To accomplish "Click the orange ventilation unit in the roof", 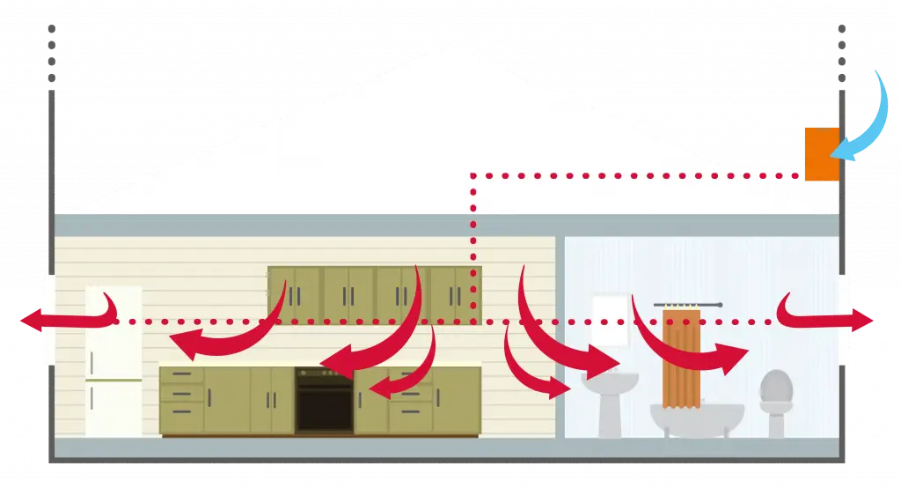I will coord(820,154).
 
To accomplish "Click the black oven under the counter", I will coord(324,400).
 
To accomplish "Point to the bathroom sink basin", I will coord(610,384).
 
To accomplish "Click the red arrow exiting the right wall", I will coord(831,318).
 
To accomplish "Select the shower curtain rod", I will coord(687,305).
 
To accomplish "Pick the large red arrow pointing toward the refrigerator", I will coord(229,339).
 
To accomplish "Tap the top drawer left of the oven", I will coord(182,376).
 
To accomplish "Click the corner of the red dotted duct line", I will coord(473,175).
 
